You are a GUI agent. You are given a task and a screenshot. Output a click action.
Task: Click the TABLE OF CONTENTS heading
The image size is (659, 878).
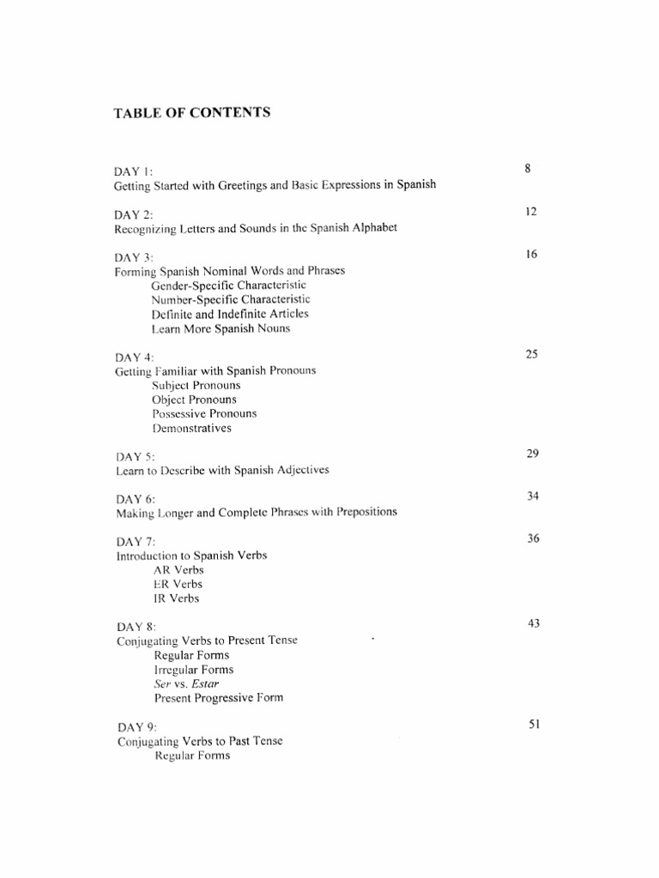pos(192,112)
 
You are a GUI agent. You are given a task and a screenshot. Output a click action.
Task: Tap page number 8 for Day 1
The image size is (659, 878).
pos(528,169)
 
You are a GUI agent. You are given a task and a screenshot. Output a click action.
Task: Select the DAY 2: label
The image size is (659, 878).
pos(134,214)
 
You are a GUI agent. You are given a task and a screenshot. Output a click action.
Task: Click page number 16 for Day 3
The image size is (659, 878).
pos(531,255)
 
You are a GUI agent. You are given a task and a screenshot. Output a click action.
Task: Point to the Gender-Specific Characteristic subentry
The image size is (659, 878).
pos(228,285)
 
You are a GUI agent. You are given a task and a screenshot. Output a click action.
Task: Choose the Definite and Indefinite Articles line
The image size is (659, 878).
pos(230,314)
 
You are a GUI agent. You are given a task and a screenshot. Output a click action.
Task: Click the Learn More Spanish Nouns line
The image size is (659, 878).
pos(221,328)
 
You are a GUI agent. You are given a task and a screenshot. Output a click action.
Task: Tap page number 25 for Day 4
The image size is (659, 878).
pos(531,354)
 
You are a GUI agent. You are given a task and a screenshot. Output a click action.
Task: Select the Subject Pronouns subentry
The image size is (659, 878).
pos(196,385)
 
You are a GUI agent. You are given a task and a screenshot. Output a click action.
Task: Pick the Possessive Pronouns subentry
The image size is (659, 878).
pos(204,413)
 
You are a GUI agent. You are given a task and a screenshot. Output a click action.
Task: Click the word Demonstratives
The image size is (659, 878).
pos(191,428)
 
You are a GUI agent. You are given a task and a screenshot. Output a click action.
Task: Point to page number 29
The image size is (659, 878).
pos(532,454)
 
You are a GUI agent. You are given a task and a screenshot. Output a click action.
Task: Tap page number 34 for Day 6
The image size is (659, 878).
pos(532,496)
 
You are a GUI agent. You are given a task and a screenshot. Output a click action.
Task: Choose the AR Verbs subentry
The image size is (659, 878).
pos(178,569)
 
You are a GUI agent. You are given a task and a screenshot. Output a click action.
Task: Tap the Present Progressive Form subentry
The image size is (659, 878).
pos(219,698)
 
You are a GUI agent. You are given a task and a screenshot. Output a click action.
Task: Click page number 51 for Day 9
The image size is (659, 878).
pos(533,725)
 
